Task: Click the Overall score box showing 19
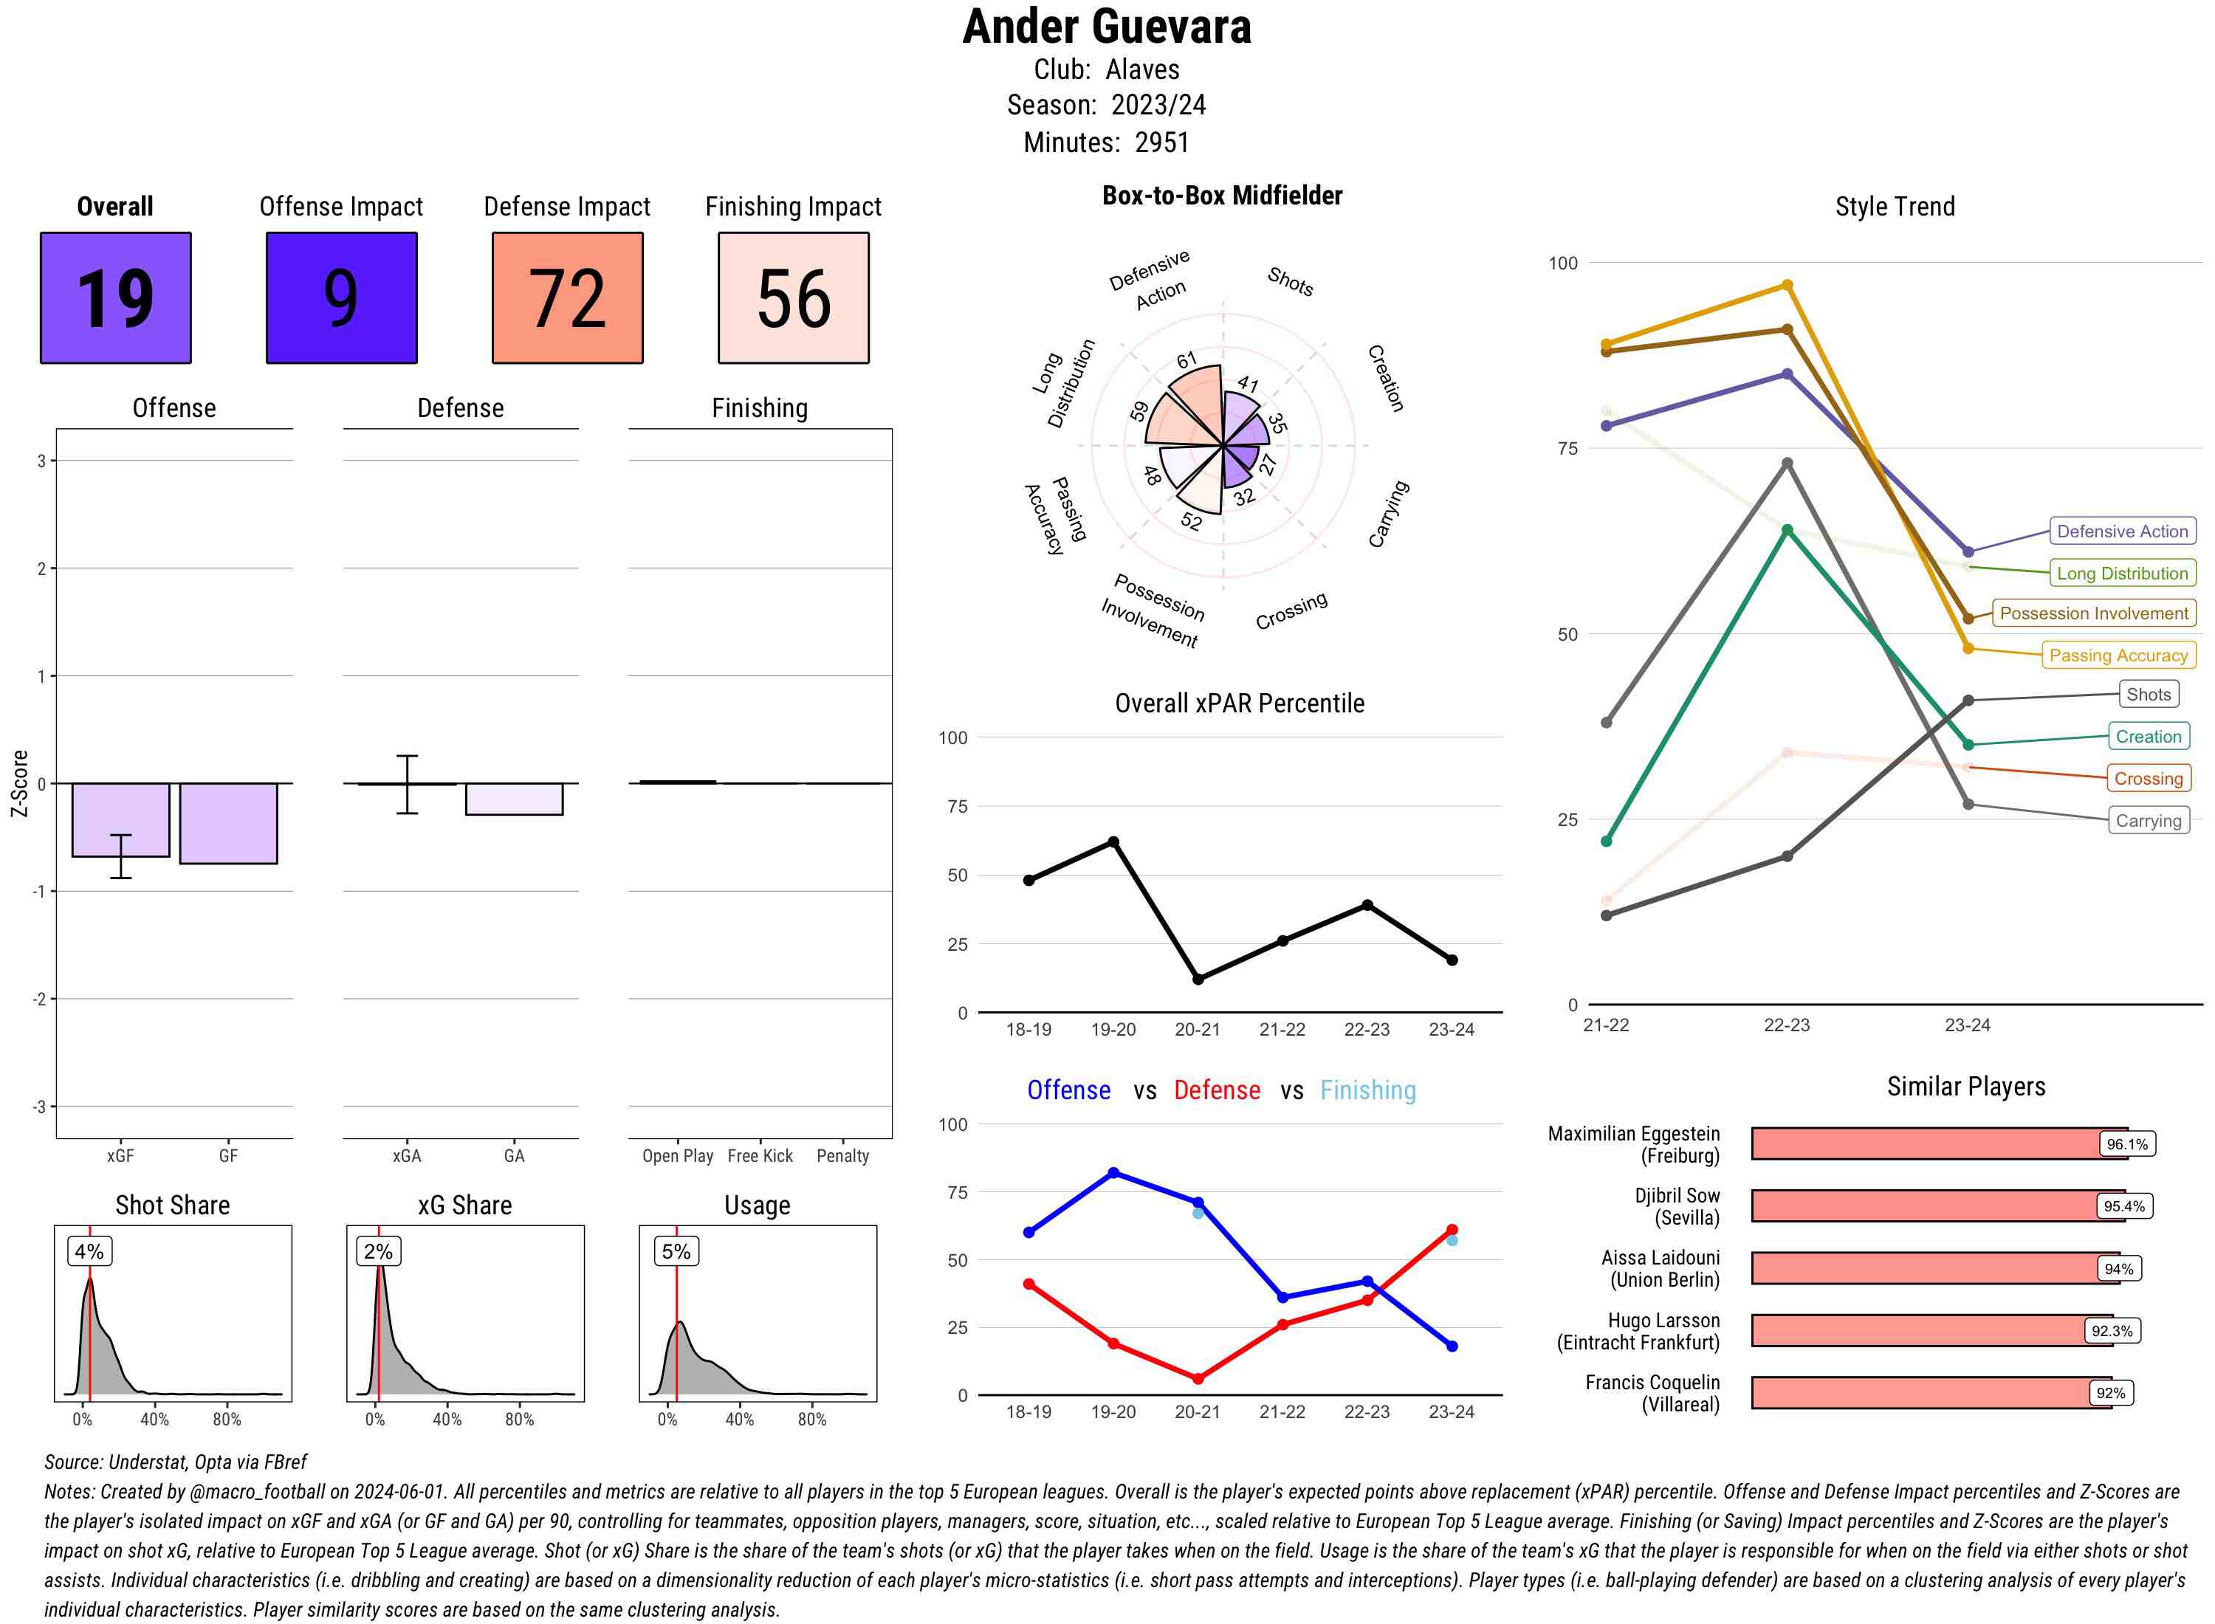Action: (115, 298)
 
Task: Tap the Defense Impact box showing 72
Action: (567, 298)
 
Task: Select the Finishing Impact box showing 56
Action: (794, 298)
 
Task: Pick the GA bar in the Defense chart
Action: (514, 799)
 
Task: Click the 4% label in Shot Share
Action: (89, 1251)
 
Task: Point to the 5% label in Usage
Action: (676, 1251)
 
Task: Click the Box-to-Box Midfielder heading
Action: (1222, 196)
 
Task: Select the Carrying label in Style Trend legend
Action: (2148, 821)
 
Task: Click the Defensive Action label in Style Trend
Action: (2122, 531)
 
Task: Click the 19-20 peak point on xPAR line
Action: (1114, 842)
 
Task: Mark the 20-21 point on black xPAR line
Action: (1198, 979)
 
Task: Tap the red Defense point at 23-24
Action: (1452, 1230)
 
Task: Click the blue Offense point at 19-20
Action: (1114, 1173)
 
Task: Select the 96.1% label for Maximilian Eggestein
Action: (2126, 1144)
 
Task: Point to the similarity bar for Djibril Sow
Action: (1922, 1206)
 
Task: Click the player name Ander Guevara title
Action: (1107, 27)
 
